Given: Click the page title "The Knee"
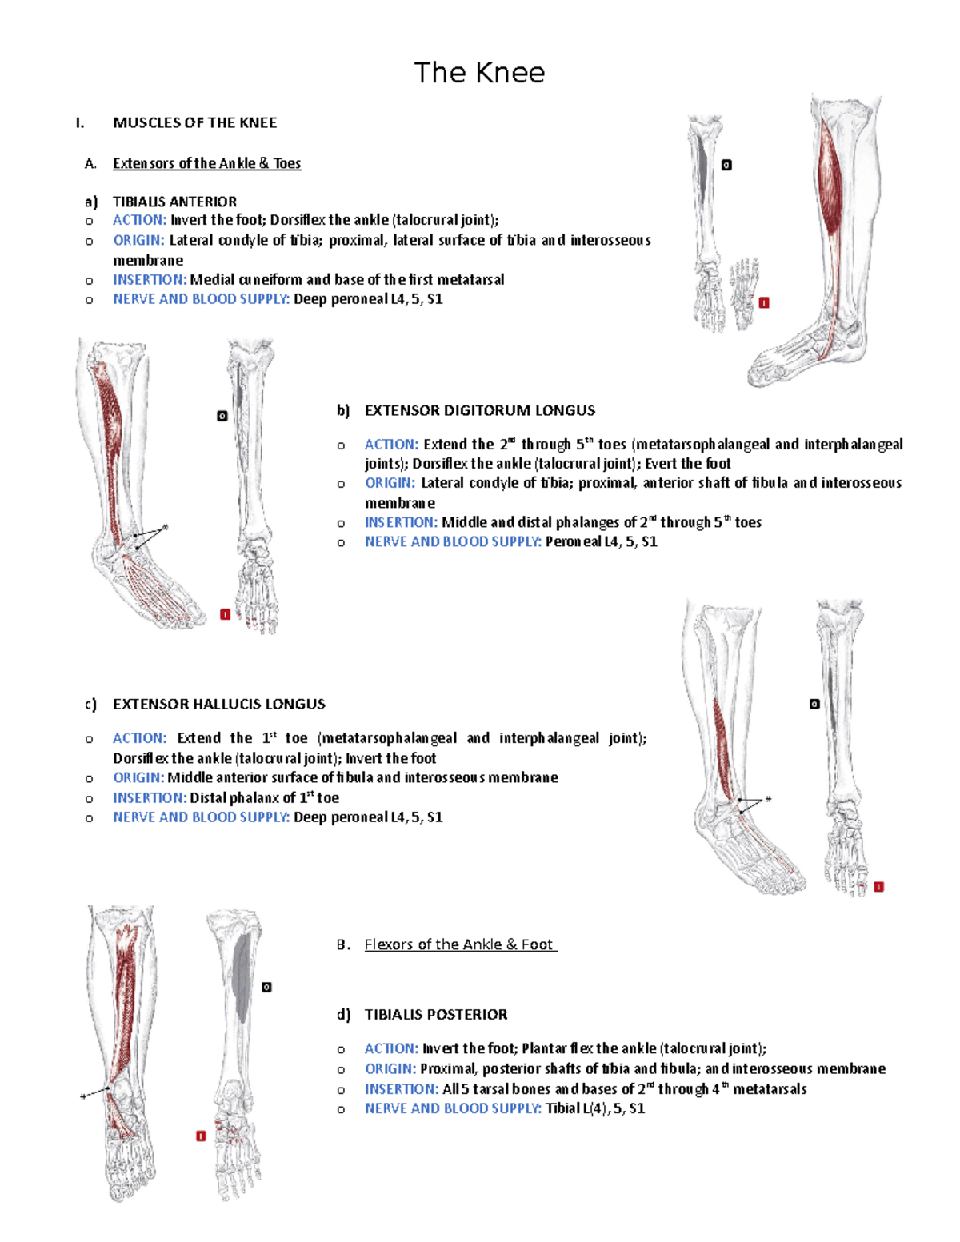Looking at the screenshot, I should (479, 73).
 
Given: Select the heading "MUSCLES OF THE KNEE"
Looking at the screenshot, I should (194, 122).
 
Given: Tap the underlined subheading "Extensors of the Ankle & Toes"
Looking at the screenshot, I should (206, 163).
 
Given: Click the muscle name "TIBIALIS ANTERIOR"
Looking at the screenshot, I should (174, 202).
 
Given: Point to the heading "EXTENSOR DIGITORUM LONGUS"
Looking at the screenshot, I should (479, 410).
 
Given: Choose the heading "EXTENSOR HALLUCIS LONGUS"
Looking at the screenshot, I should (218, 704).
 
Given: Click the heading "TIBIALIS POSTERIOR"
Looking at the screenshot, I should (435, 1014).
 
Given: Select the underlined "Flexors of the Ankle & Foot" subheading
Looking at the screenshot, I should (460, 944).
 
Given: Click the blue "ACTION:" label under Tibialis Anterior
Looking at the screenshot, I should (139, 220).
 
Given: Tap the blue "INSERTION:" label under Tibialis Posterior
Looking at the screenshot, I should (401, 1088).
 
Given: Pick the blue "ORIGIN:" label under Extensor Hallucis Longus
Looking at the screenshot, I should (138, 777).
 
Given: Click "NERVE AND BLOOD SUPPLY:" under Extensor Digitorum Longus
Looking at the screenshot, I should (453, 541).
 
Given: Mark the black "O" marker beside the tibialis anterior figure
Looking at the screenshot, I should (726, 165).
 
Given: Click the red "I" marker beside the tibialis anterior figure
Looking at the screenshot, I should (764, 302).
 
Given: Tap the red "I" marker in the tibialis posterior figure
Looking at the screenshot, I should (201, 1136).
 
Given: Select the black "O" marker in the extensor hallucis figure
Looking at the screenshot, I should (814, 704).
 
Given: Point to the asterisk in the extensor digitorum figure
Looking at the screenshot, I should (166, 527).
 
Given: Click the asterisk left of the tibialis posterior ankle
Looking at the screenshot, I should (83, 1096).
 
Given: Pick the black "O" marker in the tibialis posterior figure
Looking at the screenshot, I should (266, 987).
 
